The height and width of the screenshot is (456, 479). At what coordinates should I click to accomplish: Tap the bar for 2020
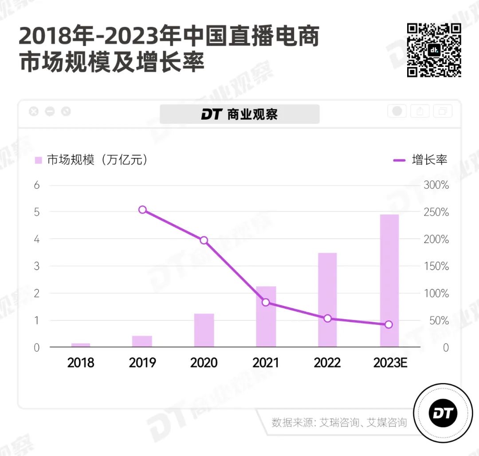click(x=204, y=330)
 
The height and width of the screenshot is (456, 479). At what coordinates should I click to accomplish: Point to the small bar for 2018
click(x=80, y=345)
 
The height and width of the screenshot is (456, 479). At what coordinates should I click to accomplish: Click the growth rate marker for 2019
click(x=142, y=210)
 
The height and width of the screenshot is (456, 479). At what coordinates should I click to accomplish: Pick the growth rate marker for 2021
click(x=266, y=302)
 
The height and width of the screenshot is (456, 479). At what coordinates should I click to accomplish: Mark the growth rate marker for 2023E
click(x=389, y=324)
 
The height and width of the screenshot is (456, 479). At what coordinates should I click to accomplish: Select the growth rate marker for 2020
click(x=204, y=240)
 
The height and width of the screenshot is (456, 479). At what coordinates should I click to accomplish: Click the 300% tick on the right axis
click(x=436, y=185)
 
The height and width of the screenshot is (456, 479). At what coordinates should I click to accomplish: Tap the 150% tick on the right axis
click(x=436, y=267)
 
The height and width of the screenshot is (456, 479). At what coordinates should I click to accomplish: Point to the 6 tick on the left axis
click(x=37, y=185)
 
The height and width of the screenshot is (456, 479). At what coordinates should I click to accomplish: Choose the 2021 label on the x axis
click(x=266, y=363)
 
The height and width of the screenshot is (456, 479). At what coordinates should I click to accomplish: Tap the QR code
click(x=434, y=50)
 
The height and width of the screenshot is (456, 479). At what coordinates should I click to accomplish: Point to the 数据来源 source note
click(x=339, y=422)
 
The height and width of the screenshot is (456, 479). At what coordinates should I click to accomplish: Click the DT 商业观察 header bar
click(x=239, y=114)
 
